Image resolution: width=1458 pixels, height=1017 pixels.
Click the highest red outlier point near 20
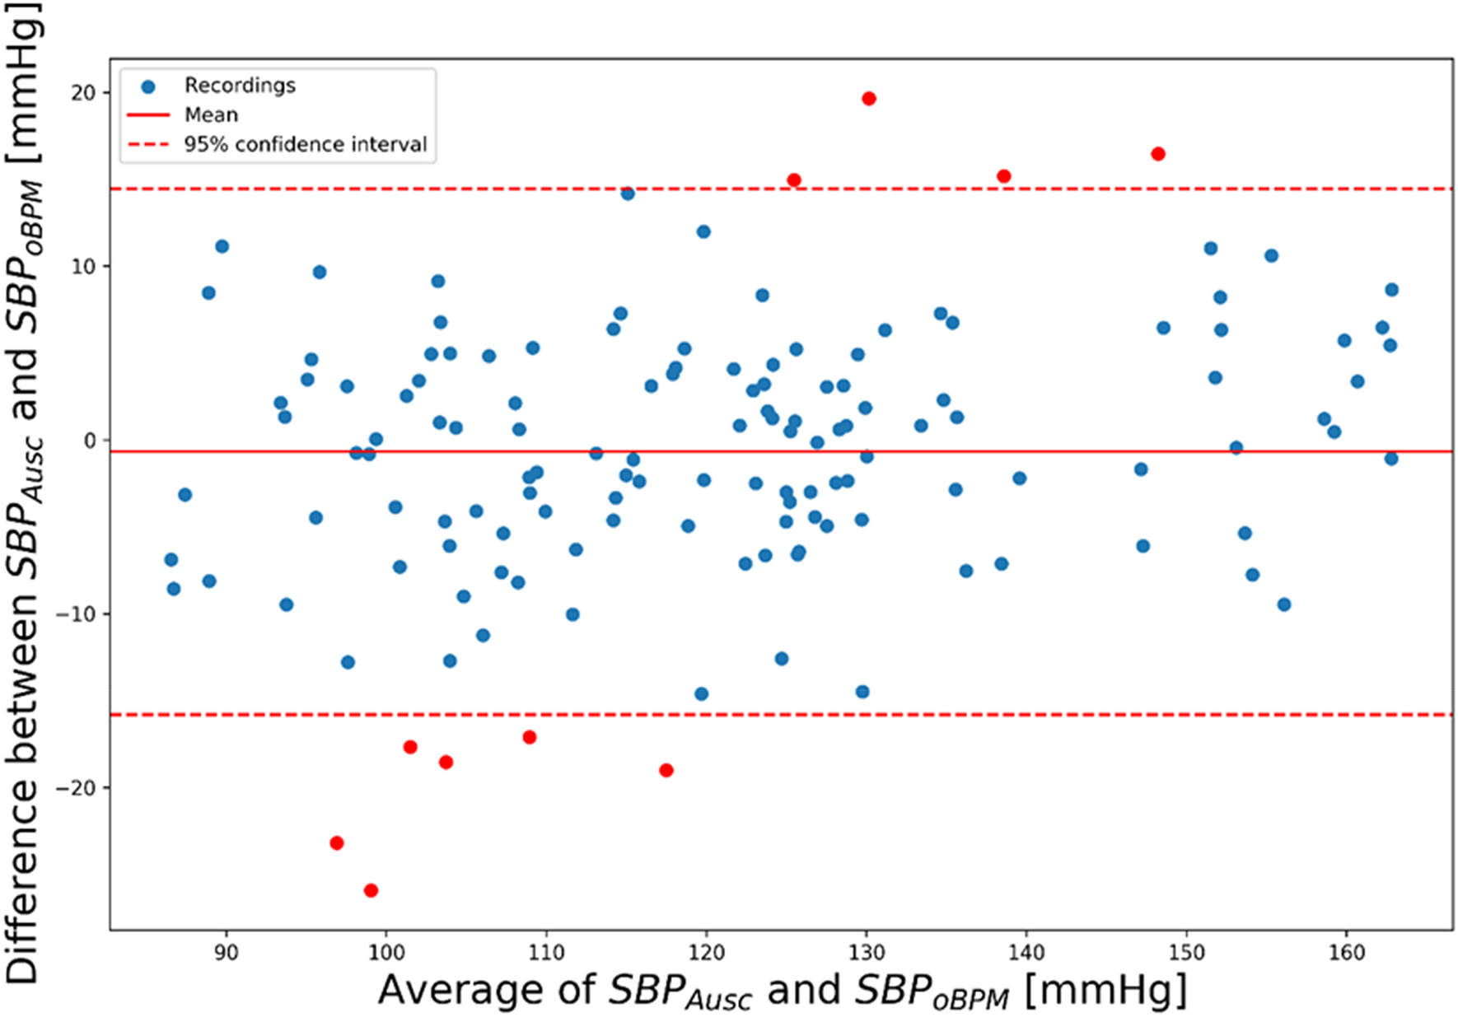click(868, 99)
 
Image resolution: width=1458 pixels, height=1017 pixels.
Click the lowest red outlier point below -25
click(371, 890)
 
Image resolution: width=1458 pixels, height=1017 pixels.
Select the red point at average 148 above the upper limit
click(1158, 154)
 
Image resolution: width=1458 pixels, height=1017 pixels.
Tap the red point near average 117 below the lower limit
click(666, 771)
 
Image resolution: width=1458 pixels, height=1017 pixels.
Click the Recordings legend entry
click(239, 86)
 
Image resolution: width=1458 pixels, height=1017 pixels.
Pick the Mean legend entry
click(211, 115)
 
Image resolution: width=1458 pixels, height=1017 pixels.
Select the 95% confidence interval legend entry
click(305, 145)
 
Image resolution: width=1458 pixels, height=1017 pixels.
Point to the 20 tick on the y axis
click(83, 93)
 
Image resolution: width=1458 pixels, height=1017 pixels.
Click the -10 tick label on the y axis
click(76, 614)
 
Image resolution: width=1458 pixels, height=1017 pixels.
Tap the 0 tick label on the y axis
click(91, 441)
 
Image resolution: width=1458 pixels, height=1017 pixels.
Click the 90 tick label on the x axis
click(225, 953)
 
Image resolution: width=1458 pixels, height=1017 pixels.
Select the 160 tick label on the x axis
click(1347, 953)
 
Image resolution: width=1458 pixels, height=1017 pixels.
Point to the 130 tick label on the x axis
click(866, 953)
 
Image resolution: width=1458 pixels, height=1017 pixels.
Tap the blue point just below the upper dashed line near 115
click(628, 194)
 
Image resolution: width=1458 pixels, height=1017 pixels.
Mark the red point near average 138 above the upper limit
click(1003, 176)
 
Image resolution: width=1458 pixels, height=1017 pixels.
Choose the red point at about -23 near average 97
click(336, 843)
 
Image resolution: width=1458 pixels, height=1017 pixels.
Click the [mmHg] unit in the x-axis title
click(1105, 990)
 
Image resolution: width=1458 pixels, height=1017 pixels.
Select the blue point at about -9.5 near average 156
click(1283, 604)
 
